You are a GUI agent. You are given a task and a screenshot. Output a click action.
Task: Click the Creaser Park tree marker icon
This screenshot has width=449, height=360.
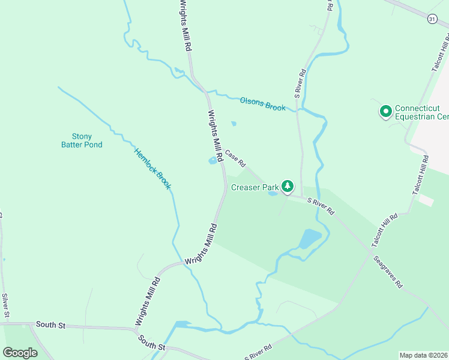tap(288, 187)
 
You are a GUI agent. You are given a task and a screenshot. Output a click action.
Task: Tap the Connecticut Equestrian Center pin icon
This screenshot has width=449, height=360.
tap(385, 112)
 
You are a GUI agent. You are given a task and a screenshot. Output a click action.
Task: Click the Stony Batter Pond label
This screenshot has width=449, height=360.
tap(82, 140)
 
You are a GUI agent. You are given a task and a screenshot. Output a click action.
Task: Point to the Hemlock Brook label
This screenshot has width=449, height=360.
tap(152, 169)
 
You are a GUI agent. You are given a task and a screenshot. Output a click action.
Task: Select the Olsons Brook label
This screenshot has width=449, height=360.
tap(262, 103)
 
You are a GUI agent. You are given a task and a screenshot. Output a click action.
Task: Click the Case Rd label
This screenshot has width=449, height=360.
tap(235, 158)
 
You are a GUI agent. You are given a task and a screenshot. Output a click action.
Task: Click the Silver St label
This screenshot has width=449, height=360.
tap(5, 305)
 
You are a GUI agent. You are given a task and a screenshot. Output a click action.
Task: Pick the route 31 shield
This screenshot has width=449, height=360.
tap(432, 19)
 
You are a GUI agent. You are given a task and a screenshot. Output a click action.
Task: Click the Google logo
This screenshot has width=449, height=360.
tap(20, 353)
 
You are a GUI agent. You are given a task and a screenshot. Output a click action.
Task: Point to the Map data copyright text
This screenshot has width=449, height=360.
tap(423, 355)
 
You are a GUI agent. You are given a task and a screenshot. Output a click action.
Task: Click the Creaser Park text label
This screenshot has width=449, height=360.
tap(255, 187)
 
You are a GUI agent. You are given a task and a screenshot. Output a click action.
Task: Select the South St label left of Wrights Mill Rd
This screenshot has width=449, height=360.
tap(50, 325)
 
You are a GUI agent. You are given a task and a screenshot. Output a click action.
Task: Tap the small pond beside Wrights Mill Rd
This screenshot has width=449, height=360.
tap(212, 161)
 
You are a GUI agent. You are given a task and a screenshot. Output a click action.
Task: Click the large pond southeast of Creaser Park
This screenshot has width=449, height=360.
tap(310, 239)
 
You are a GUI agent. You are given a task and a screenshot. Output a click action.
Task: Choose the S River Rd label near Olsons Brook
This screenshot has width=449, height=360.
tap(301, 83)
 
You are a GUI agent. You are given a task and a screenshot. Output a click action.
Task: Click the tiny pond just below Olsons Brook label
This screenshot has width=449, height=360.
tap(234, 124)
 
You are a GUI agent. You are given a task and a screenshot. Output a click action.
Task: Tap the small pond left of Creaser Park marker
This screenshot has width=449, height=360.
tap(273, 193)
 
